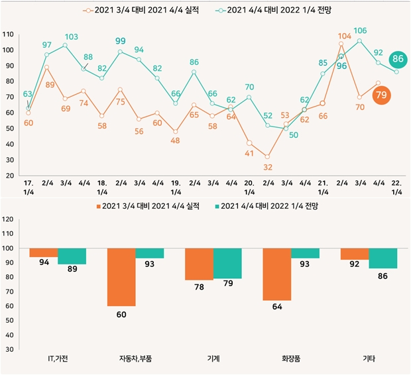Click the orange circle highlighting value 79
[381, 95]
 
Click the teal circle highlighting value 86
[398, 59]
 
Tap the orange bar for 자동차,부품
[121, 277]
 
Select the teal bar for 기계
[227, 263]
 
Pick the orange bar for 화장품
[277, 274]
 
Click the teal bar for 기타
[383, 258]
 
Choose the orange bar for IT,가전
[44, 252]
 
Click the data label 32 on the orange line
[268, 167]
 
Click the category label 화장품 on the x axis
[292, 359]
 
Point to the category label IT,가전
[58, 359]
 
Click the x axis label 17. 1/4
[28, 187]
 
